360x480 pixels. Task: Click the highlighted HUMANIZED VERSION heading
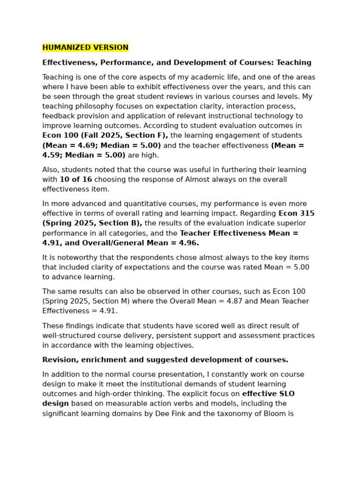[x=85, y=48]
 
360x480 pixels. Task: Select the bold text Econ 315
[x=297, y=214]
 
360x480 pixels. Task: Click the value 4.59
[x=51, y=155]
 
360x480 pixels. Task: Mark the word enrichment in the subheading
[x=103, y=360]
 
